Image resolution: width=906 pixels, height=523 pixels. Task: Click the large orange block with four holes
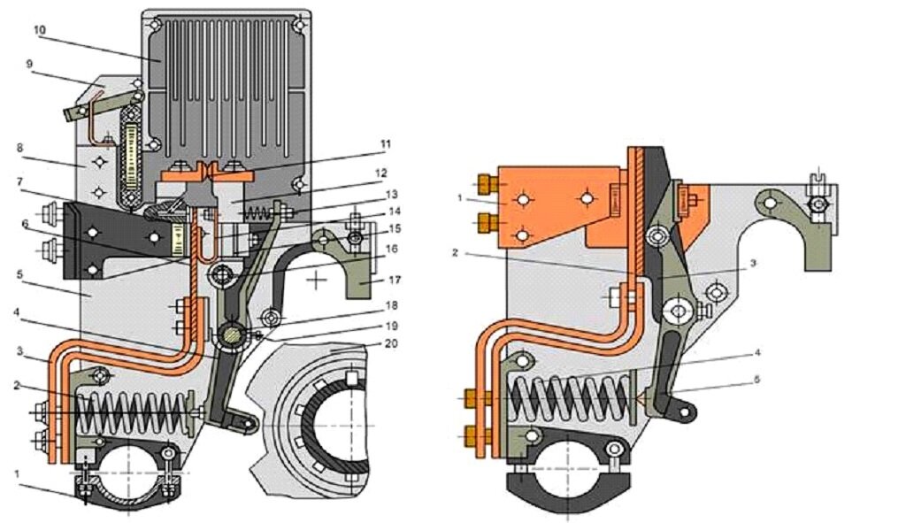coord(544,202)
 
